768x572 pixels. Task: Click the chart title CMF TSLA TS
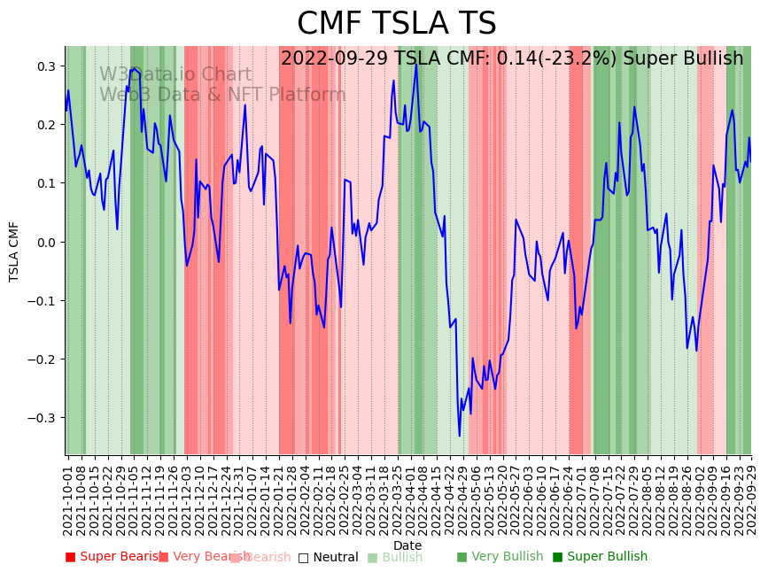tap(396, 24)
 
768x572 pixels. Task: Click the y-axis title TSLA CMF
tap(14, 251)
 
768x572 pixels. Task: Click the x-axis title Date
tap(407, 545)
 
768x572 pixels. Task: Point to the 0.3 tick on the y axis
tap(46, 66)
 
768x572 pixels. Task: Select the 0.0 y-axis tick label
tap(46, 242)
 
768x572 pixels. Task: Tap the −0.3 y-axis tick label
tap(43, 417)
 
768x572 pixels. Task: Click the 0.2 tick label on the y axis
tap(46, 125)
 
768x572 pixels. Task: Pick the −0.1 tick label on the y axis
tap(43, 300)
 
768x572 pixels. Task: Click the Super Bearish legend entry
tap(114, 557)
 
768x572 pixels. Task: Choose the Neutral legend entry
tap(328, 557)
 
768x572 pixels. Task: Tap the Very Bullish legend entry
tap(500, 557)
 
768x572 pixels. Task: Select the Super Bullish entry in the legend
tap(600, 557)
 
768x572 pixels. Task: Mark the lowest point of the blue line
tap(460, 436)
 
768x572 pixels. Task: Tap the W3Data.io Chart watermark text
tap(175, 75)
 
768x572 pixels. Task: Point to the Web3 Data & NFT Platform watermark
tap(222, 95)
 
